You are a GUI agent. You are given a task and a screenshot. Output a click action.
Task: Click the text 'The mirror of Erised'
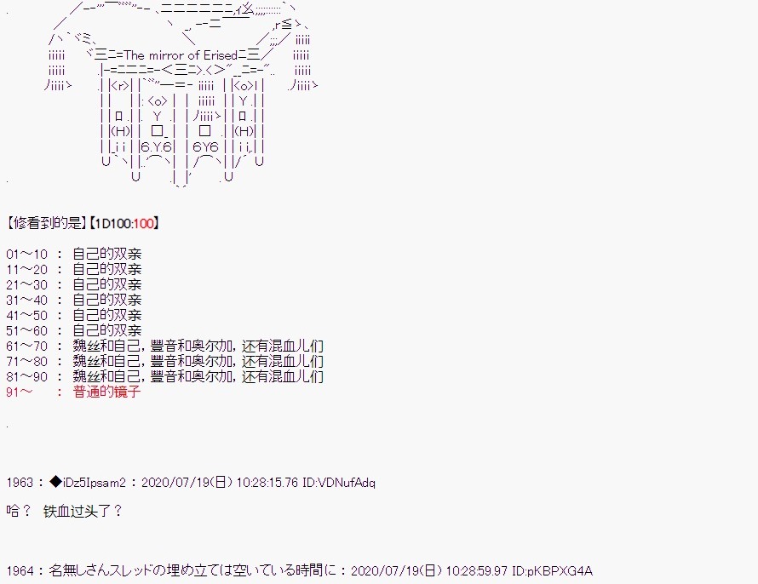(x=181, y=55)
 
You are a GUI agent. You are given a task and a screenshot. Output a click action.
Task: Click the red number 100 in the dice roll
(x=144, y=223)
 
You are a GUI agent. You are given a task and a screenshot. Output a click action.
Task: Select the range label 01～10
(x=27, y=254)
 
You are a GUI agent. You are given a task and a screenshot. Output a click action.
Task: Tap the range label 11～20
(x=27, y=270)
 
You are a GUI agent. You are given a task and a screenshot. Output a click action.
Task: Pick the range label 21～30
(x=27, y=284)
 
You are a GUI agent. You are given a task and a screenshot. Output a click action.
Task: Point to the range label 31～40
(x=27, y=300)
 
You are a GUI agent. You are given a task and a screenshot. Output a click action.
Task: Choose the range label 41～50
(x=27, y=316)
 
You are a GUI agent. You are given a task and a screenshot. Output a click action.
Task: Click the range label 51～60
(x=27, y=331)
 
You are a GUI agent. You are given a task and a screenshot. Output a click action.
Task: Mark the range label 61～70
(x=27, y=346)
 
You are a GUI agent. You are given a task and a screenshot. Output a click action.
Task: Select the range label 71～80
(x=27, y=361)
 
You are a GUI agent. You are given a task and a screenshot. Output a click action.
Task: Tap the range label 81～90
(x=27, y=377)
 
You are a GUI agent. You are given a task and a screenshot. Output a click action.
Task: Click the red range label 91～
(x=20, y=392)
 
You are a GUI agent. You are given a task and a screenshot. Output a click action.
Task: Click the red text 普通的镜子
(x=106, y=392)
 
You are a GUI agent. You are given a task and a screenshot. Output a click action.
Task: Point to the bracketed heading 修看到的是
(x=47, y=223)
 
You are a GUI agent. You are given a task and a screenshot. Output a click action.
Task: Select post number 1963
(x=20, y=483)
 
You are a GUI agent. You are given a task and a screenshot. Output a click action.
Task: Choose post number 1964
(x=20, y=571)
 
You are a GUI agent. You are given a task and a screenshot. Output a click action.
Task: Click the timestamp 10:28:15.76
(x=267, y=483)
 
